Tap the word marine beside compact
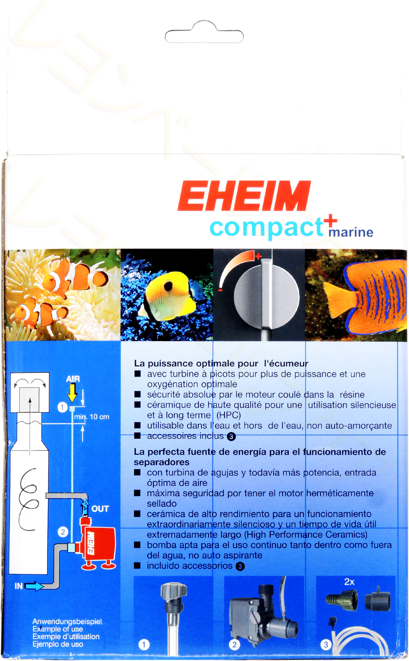(x=351, y=232)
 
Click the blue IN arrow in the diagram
(x=34, y=586)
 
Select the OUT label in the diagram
(x=100, y=509)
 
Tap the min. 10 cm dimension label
(x=92, y=417)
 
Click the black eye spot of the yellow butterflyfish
(x=168, y=286)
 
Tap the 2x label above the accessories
(x=349, y=581)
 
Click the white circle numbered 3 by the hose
(x=326, y=645)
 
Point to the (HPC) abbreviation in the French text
(x=229, y=415)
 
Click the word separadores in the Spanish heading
(x=162, y=462)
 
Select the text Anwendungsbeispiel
(x=67, y=621)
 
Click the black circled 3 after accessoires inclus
(x=231, y=436)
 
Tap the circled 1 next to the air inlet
(x=62, y=408)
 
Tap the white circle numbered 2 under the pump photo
(x=234, y=645)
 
